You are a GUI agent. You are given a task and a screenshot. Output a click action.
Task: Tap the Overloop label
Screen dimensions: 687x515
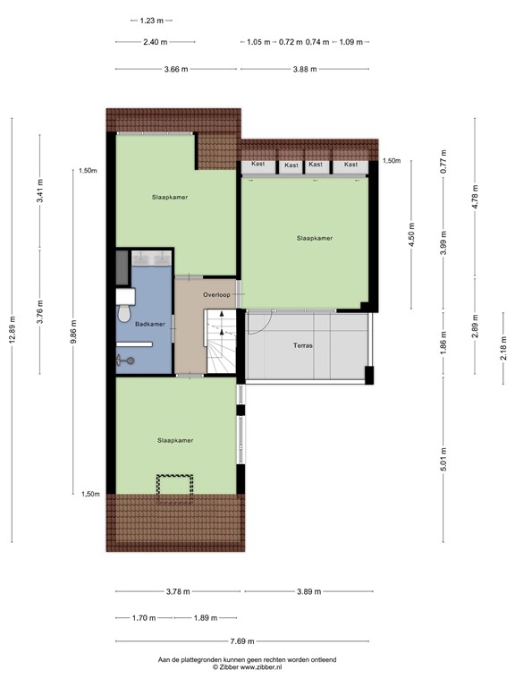click(x=216, y=294)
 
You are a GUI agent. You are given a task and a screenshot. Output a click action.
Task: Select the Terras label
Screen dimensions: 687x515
click(x=302, y=345)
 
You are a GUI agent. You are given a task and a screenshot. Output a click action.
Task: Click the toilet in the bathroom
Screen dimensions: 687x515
click(x=123, y=314)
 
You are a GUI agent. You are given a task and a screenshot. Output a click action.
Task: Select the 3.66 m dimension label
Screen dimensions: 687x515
click(x=175, y=69)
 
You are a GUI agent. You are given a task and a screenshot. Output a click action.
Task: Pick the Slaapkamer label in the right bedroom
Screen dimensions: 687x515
click(x=315, y=238)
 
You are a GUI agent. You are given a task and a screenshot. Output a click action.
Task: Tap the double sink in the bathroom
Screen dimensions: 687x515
click(x=153, y=259)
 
